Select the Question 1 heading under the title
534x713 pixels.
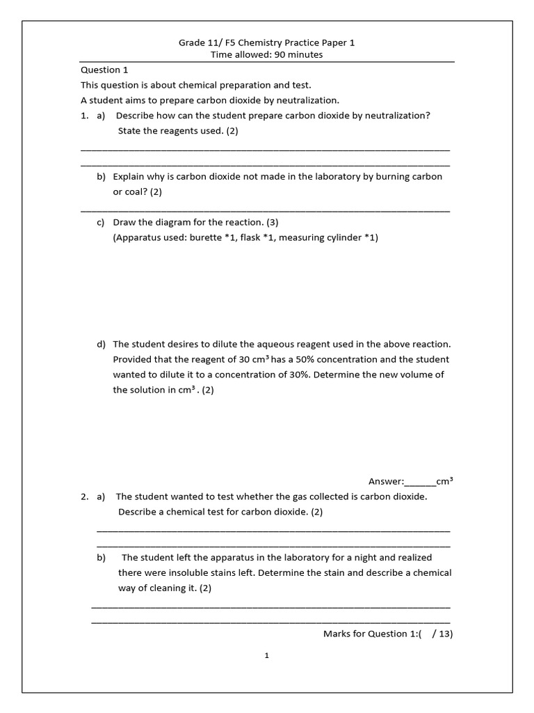pos(105,70)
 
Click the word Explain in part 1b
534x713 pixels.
pos(130,177)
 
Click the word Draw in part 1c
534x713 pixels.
pos(124,222)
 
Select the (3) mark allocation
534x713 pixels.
pos(272,222)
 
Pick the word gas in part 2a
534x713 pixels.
pos(310,496)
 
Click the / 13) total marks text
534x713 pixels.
pos(443,634)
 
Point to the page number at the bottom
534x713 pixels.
pos(267,655)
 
